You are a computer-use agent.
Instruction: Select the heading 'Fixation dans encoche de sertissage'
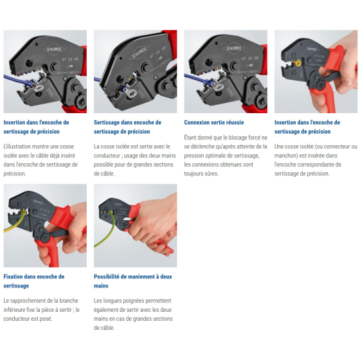click(33, 281)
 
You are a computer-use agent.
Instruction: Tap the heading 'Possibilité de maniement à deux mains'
click(133, 281)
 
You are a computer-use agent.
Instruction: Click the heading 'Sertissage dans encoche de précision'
click(127, 127)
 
